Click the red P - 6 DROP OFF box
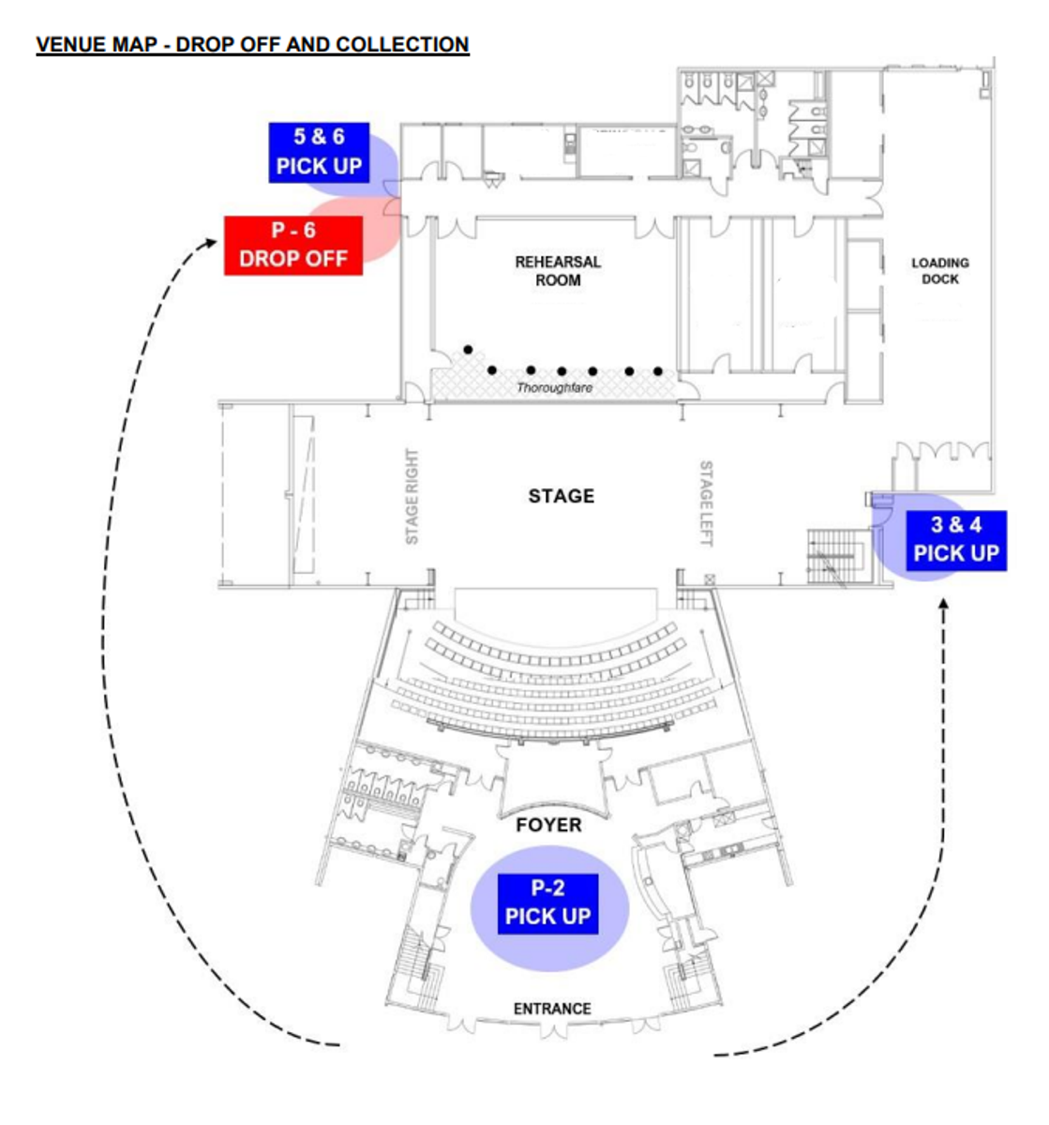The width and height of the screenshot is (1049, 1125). click(x=292, y=246)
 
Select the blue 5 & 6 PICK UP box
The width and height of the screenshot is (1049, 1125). click(x=319, y=152)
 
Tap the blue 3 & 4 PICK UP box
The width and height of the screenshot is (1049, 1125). click(x=955, y=541)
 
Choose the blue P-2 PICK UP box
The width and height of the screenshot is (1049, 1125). click(x=548, y=903)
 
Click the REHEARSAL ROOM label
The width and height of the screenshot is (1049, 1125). click(x=558, y=271)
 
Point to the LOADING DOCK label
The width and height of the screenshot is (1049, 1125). click(x=939, y=271)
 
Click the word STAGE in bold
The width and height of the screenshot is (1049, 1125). click(x=561, y=496)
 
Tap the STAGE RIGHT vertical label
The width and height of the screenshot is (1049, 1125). click(x=412, y=496)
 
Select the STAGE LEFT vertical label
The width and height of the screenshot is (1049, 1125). click(x=706, y=502)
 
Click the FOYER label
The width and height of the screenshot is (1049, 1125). click(x=549, y=825)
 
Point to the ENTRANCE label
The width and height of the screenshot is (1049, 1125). click(x=552, y=1009)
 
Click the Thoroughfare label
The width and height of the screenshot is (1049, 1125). click(x=555, y=387)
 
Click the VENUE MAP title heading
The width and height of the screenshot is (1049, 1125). click(x=252, y=44)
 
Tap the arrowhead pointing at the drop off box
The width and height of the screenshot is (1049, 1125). click(x=211, y=241)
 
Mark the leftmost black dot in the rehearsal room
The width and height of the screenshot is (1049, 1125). click(x=468, y=350)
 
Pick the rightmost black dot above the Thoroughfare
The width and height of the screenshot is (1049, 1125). click(x=658, y=371)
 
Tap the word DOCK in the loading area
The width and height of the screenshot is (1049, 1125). click(x=940, y=279)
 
